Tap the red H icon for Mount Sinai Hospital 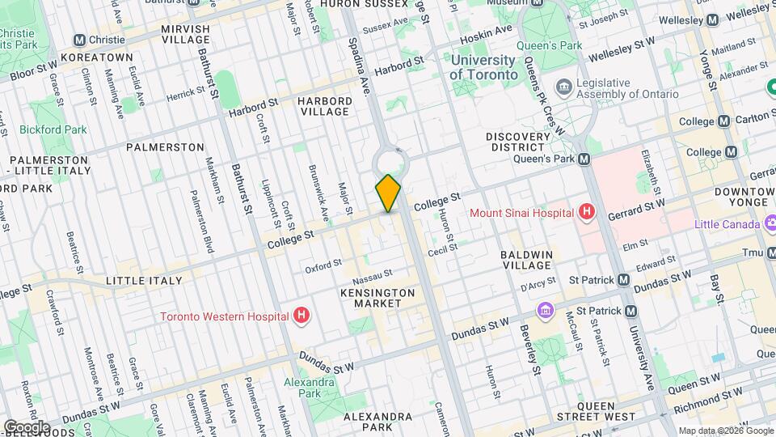tap(588, 213)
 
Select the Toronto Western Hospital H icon tap(302, 316)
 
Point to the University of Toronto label tap(483, 67)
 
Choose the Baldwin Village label tap(526, 260)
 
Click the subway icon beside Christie tap(79, 40)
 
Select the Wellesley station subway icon tap(712, 19)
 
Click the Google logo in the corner tap(27, 426)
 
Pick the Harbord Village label tap(325, 106)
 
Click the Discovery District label tap(526, 141)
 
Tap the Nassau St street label tap(377, 274)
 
